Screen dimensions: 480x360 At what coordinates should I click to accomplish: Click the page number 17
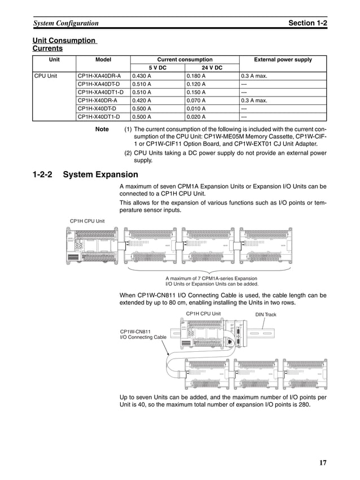[323, 463]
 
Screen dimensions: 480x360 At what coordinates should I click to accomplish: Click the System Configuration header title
[66, 23]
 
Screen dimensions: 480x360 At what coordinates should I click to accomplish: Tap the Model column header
[103, 59]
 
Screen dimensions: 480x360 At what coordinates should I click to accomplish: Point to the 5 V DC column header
[157, 68]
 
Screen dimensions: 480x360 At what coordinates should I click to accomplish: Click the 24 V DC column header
[212, 68]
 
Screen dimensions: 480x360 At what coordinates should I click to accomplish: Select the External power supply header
[283, 59]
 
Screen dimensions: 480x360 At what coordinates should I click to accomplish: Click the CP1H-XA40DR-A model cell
[99, 76]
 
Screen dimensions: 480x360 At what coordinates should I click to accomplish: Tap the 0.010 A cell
[196, 109]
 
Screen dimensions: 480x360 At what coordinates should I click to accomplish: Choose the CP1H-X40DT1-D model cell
[100, 117]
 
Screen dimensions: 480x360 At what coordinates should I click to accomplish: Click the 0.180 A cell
[196, 76]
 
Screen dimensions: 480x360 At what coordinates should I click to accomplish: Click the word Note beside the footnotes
[102, 129]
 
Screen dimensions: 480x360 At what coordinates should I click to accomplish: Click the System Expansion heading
[100, 175]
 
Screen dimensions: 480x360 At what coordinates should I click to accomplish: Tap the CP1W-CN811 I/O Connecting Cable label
[143, 334]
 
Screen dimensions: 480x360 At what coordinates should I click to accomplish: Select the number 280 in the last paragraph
[302, 404]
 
